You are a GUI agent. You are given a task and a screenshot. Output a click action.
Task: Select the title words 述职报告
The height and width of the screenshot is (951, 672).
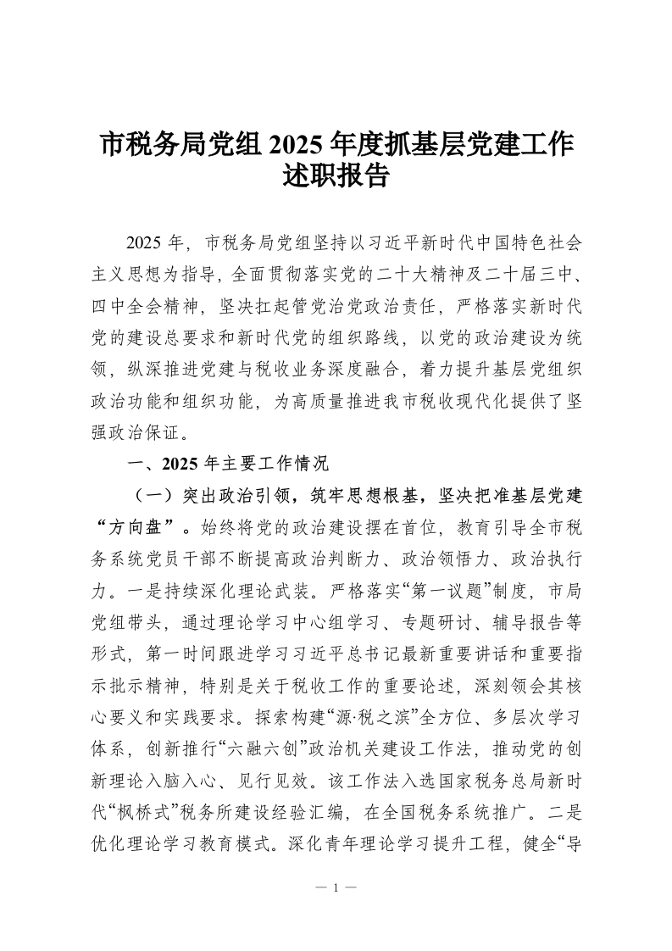pyautogui.click(x=336, y=176)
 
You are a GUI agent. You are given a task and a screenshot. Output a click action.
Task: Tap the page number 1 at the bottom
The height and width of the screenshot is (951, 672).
pyautogui.click(x=336, y=887)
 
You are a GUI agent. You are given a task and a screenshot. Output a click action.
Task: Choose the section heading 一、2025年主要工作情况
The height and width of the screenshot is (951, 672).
pyautogui.click(x=226, y=464)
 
